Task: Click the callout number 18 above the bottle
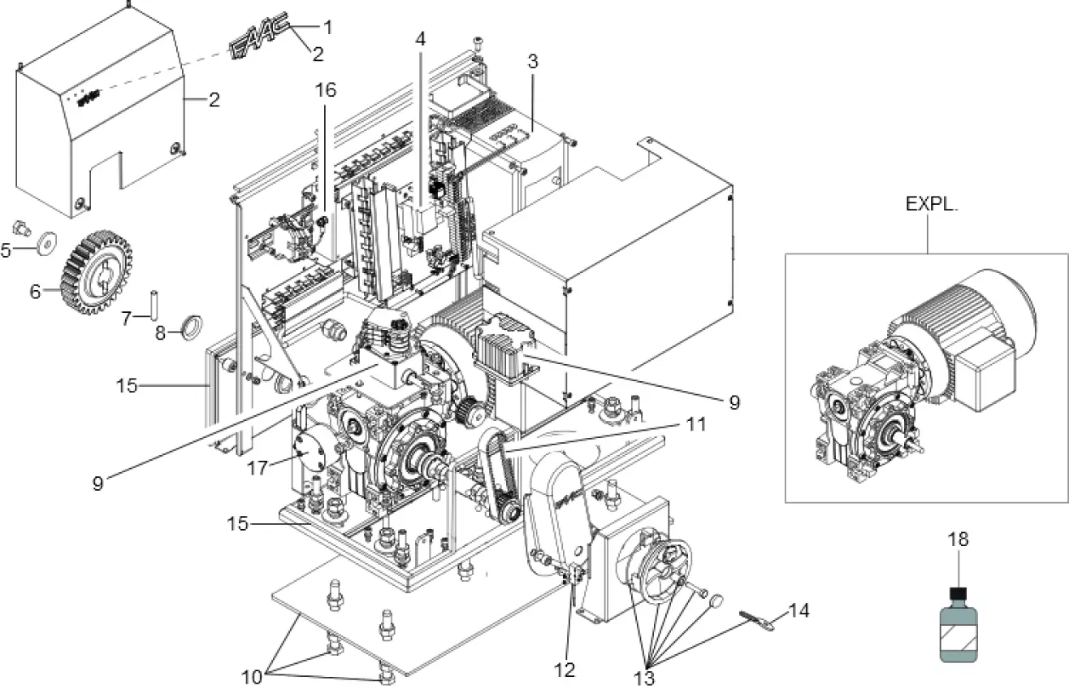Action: click(x=959, y=539)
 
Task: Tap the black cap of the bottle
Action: click(x=959, y=595)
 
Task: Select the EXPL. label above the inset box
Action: click(x=933, y=204)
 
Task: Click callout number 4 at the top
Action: click(x=419, y=38)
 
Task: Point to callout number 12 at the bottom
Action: click(x=564, y=670)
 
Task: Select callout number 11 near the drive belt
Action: click(x=695, y=424)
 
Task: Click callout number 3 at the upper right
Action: click(x=532, y=61)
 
